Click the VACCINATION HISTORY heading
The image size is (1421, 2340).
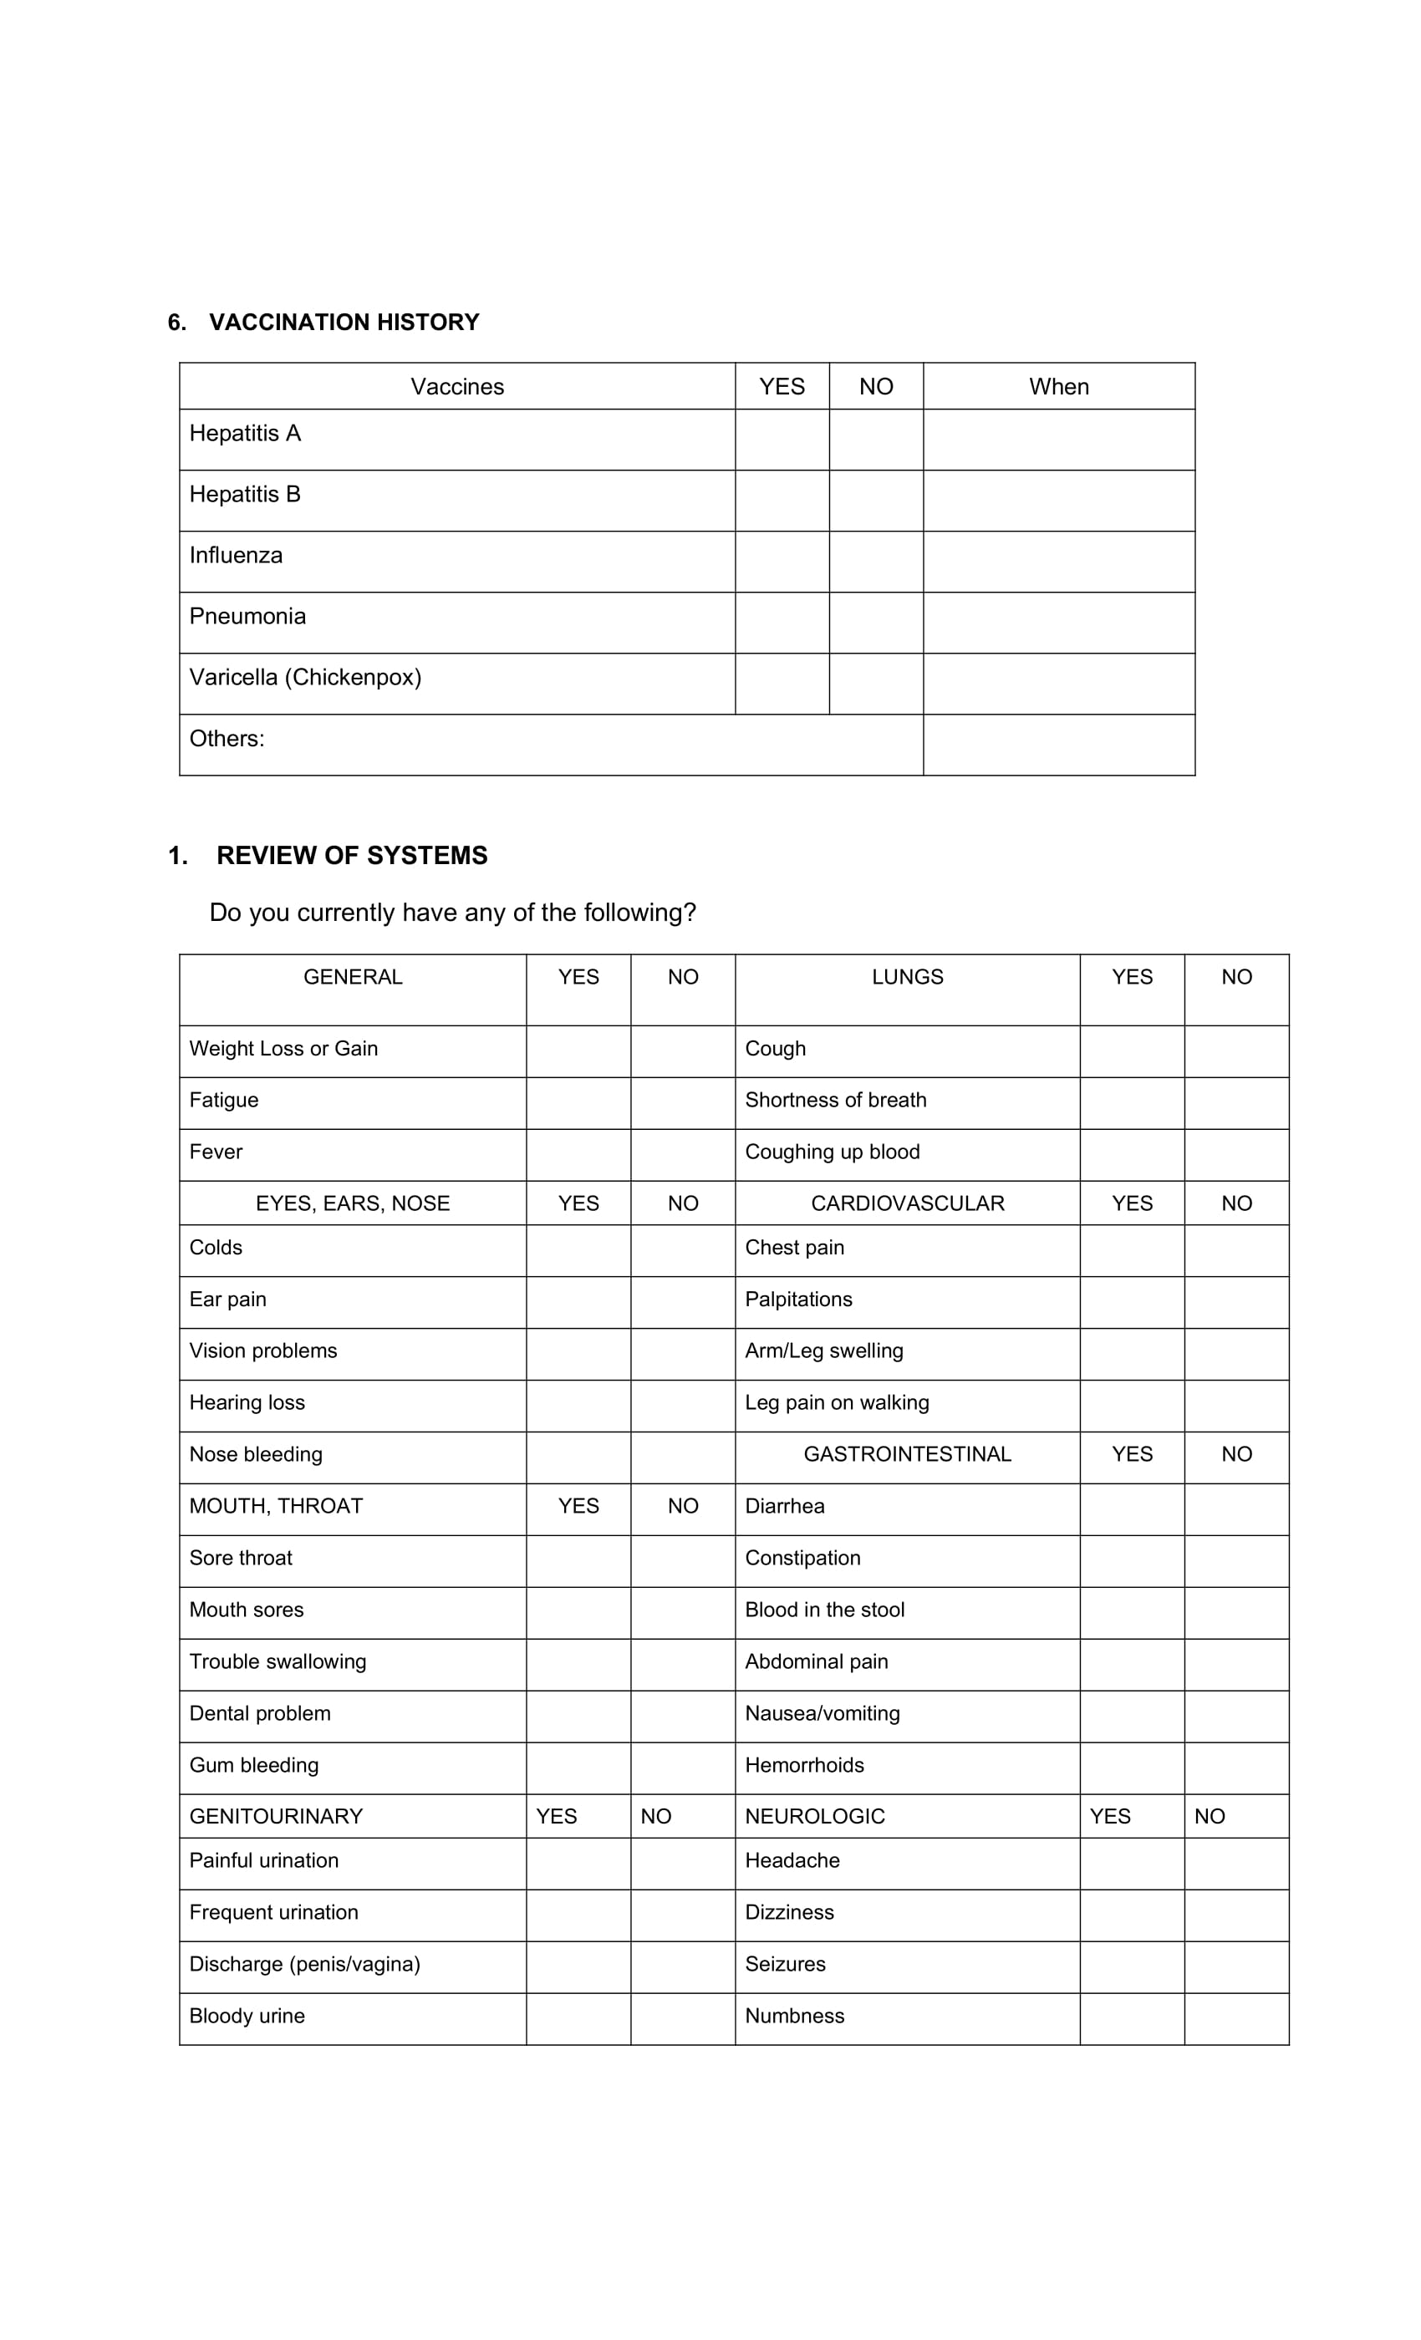[x=343, y=322]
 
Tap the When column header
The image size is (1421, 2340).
[x=1058, y=386]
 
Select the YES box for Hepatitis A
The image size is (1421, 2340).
[x=781, y=440]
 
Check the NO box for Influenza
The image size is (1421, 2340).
[x=875, y=562]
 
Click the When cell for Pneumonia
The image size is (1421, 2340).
[x=1058, y=622]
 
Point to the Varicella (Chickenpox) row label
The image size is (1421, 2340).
[x=305, y=677]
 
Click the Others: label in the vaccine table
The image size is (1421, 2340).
[x=227, y=738]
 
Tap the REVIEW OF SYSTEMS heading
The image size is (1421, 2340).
[x=351, y=856]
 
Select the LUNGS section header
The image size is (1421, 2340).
[x=907, y=977]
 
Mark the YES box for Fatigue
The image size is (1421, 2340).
[x=578, y=1102]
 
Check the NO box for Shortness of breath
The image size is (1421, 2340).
[x=1235, y=1102]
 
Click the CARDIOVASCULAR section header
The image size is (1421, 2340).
[x=907, y=1203]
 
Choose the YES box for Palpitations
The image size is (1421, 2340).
[x=1131, y=1302]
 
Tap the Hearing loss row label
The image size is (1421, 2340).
[x=247, y=1402]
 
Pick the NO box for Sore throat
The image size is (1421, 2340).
[x=682, y=1560]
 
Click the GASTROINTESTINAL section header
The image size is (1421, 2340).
[x=907, y=1454]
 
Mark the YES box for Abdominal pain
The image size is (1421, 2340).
[x=1131, y=1664]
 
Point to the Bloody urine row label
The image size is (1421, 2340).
[x=247, y=2015]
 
